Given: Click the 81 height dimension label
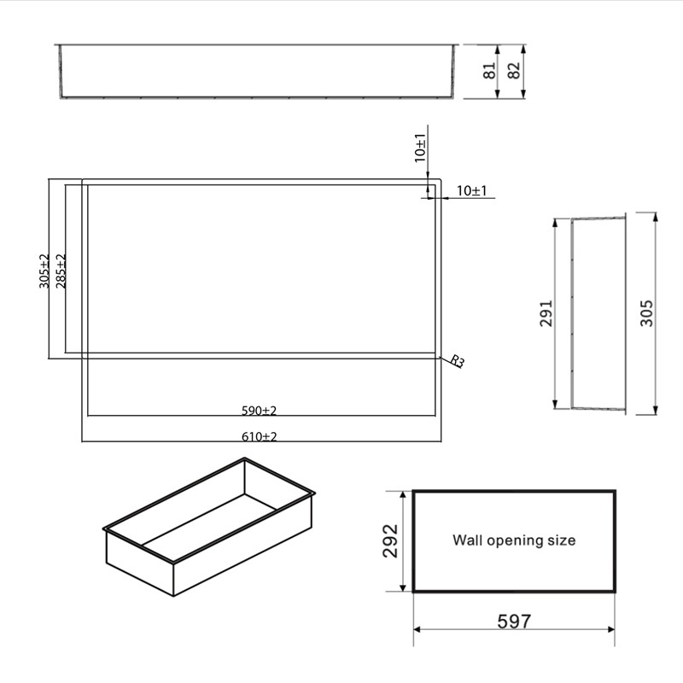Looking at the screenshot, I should (490, 71).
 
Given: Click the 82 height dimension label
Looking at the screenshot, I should (514, 71).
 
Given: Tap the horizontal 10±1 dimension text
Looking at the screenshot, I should (471, 191).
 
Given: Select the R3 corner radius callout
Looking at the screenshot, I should (457, 362).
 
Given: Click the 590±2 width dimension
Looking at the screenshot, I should (259, 411).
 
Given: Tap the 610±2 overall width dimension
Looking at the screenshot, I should (259, 436).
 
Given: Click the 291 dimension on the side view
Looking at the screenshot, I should (547, 312).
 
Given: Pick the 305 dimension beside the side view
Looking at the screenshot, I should (646, 312).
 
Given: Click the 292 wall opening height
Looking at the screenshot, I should (389, 541).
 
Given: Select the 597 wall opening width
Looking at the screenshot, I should (514, 621).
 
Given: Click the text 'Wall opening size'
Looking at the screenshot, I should (514, 540).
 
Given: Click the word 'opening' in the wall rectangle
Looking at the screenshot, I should (514, 540).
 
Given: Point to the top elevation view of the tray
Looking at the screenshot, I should (256, 71).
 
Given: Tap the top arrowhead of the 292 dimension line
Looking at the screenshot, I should (401, 494).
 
